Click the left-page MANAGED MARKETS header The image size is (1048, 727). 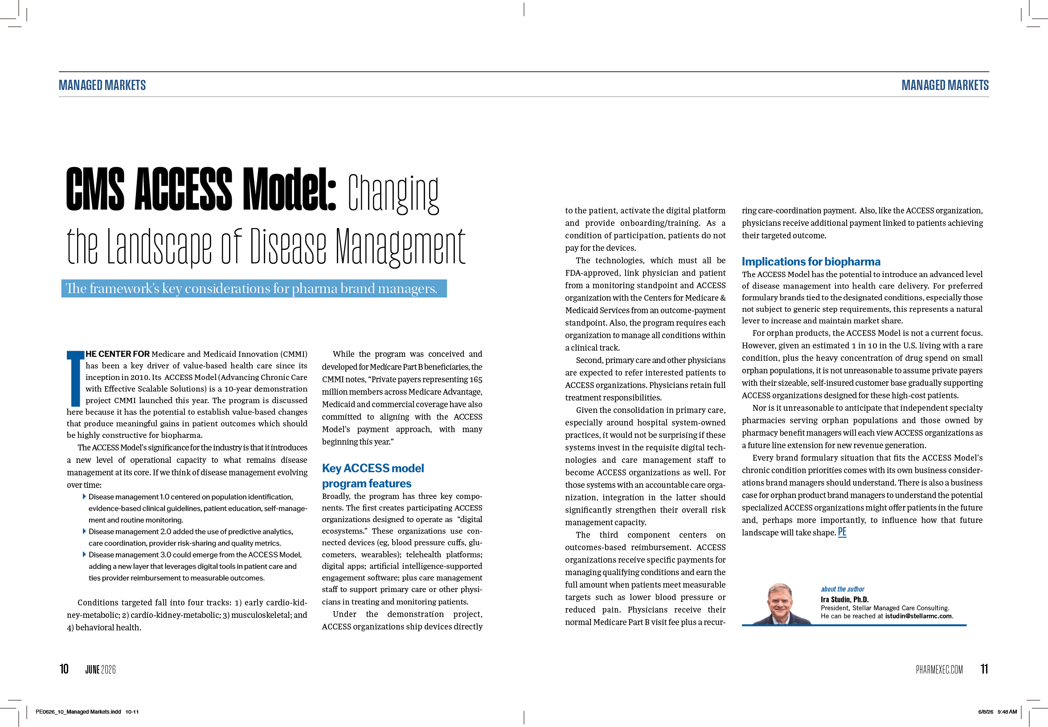tap(102, 85)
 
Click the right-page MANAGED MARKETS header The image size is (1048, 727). tap(945, 85)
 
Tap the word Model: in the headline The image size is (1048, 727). tap(289, 189)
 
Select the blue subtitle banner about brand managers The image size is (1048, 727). tap(254, 288)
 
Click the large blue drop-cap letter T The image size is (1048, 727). tap(75, 378)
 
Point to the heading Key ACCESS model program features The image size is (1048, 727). tap(373, 476)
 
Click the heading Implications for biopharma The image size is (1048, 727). tap(811, 261)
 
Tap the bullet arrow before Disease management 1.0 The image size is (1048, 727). tap(84, 496)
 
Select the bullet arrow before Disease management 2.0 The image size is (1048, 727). tap(84, 531)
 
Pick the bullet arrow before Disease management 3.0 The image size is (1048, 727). tap(84, 554)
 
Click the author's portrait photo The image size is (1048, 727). tap(780, 604)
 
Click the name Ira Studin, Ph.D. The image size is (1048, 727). tap(844, 599)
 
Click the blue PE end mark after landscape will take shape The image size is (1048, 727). tap(842, 531)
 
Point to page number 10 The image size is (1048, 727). tap(64, 669)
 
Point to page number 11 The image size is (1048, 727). tap(984, 669)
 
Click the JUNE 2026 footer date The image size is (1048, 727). tap(100, 669)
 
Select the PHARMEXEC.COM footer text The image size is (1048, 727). tap(939, 669)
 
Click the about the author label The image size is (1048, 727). tap(843, 589)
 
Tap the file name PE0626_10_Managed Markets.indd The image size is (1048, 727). tap(78, 711)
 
